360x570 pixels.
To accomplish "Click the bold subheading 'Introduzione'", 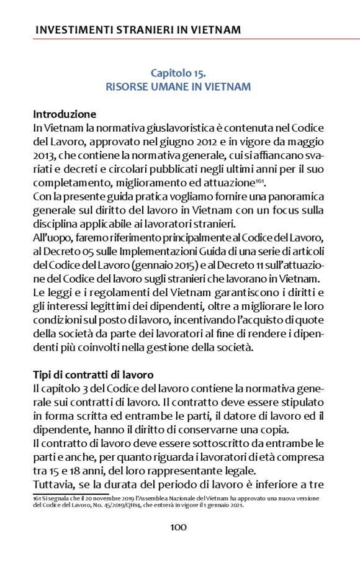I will pyautogui.click(x=65, y=114).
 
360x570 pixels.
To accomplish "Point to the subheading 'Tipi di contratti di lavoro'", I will pyautogui.click(x=93, y=374).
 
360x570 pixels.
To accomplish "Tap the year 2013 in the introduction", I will pyautogui.click(x=45, y=155).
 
